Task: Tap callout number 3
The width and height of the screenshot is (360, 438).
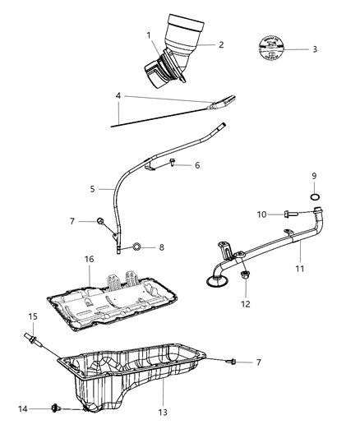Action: tap(315, 49)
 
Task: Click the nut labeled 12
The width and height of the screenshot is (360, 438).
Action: tap(245, 277)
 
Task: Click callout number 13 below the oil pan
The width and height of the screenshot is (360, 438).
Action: tap(163, 412)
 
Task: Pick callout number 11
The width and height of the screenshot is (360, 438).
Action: tap(298, 268)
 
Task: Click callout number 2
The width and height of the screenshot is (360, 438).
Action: tap(221, 45)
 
